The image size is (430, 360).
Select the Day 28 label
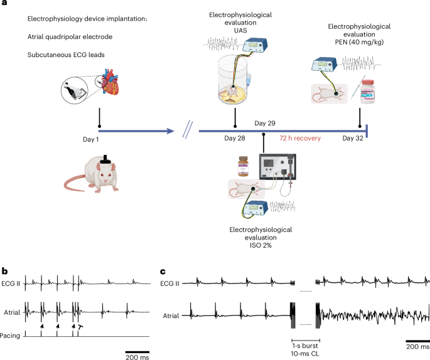click(234, 137)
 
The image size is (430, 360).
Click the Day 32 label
click(353, 137)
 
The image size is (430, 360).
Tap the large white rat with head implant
click(94, 175)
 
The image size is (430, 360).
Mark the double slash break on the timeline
click(187, 132)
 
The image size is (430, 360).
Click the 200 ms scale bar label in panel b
click(137, 356)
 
